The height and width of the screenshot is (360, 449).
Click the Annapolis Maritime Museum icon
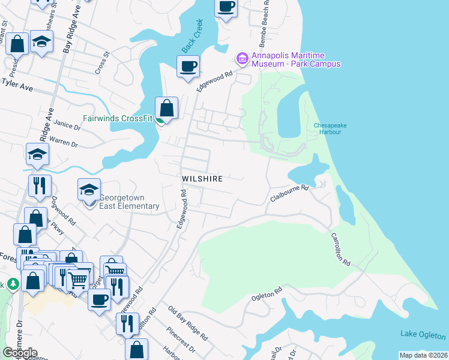click(x=242, y=58)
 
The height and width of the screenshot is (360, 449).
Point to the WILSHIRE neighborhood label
click(x=203, y=179)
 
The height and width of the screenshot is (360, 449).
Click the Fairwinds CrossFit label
click(x=123, y=118)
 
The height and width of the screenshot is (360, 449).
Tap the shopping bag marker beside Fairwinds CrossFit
click(x=167, y=109)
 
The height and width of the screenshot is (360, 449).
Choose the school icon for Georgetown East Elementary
click(x=89, y=191)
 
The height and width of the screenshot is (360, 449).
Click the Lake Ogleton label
click(x=423, y=335)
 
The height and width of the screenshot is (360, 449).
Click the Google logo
click(x=20, y=353)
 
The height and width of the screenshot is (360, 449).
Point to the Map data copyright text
click(x=423, y=355)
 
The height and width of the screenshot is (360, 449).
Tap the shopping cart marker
click(x=78, y=279)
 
